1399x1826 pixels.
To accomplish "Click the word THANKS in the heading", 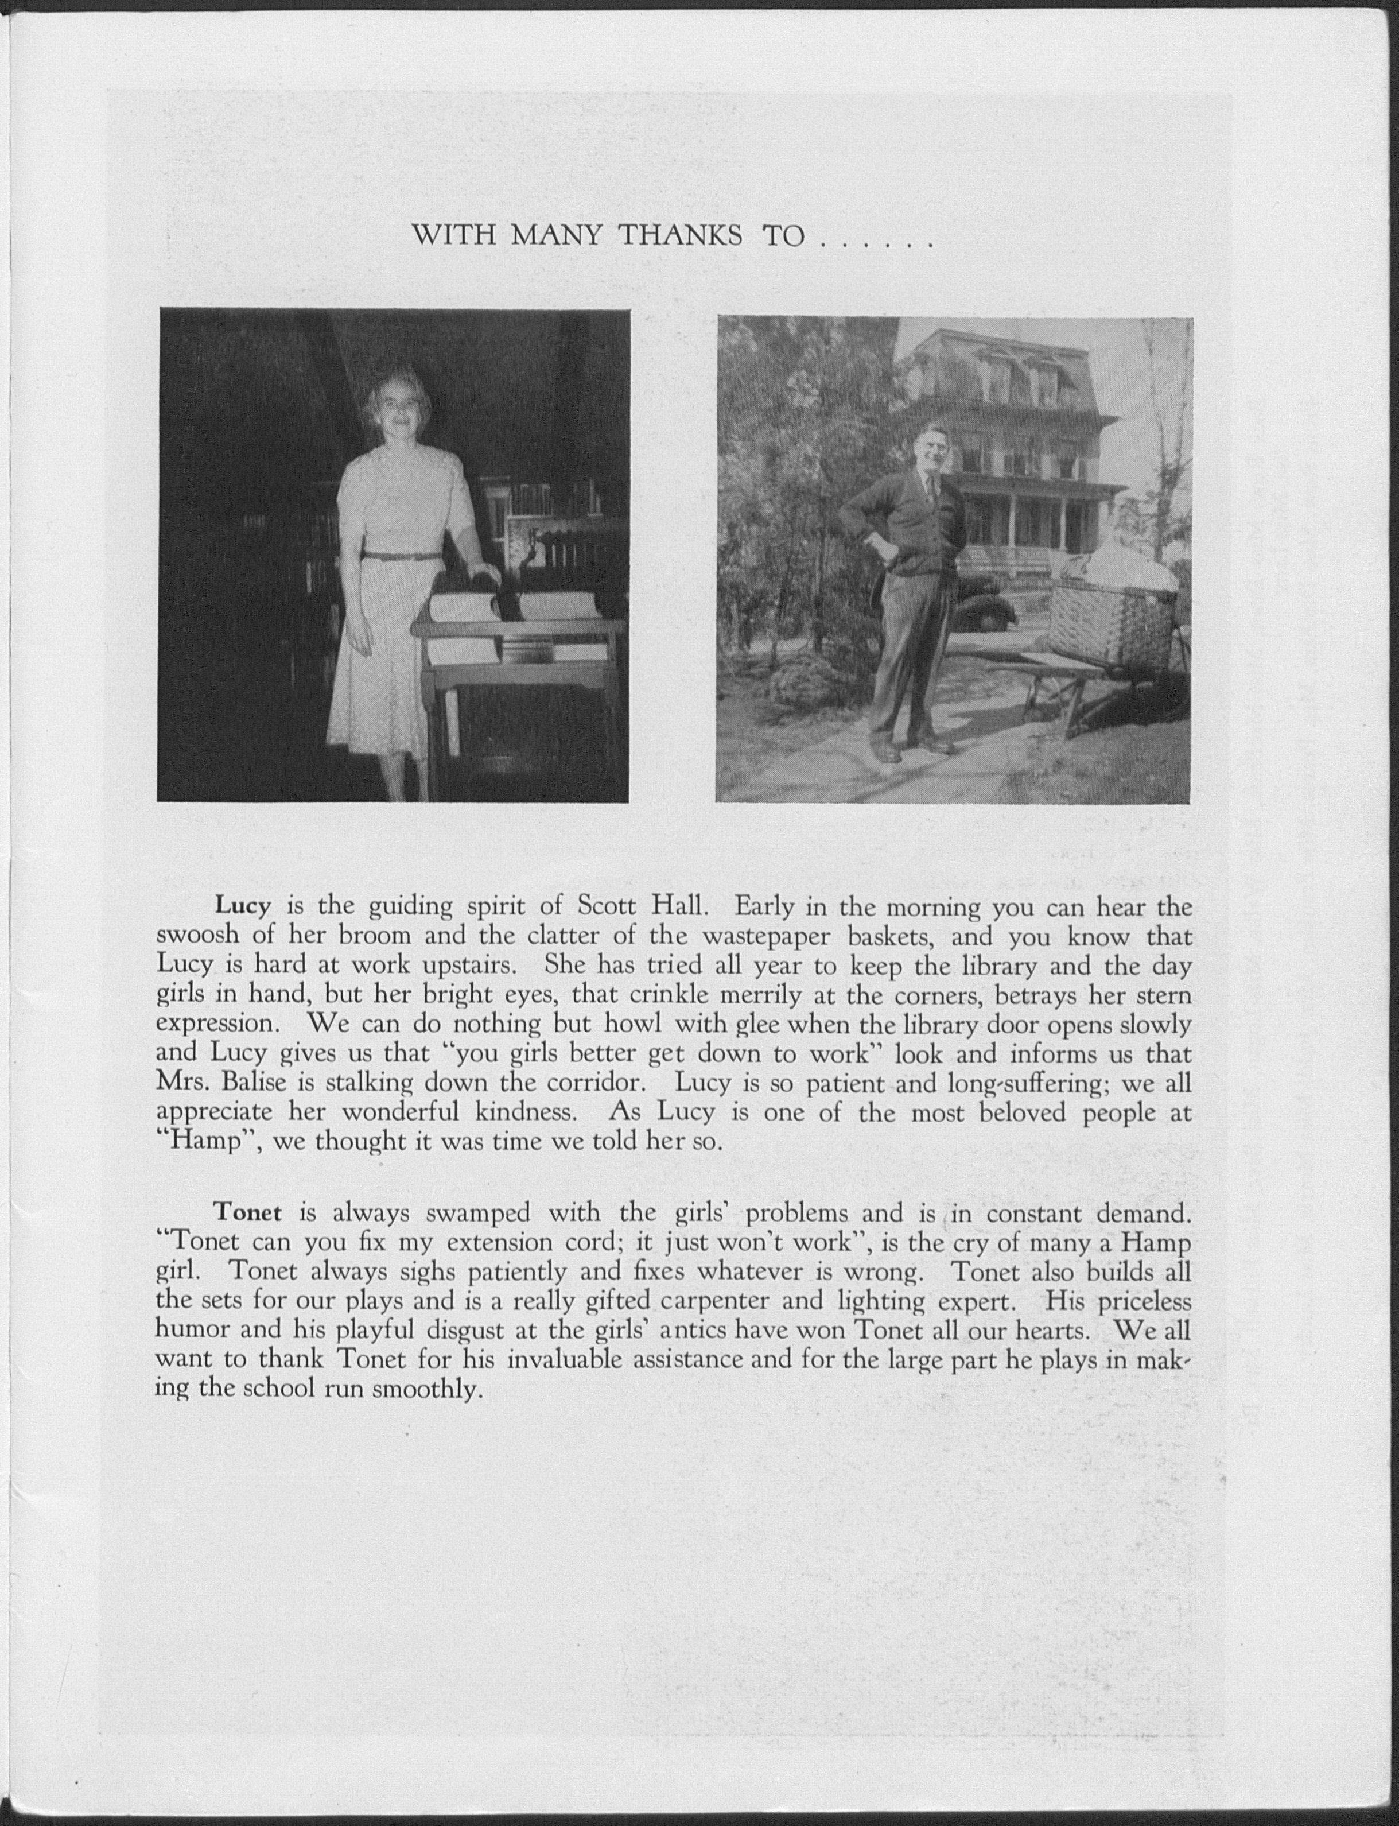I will (681, 237).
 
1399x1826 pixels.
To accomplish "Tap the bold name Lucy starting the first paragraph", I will (244, 905).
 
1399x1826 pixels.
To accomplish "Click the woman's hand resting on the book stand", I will (483, 575).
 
